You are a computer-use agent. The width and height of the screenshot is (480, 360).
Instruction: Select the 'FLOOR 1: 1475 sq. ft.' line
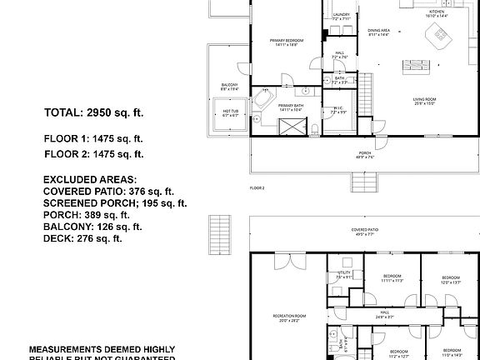[93, 138]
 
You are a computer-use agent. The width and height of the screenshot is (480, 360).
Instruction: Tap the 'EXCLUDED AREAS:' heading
[90, 179]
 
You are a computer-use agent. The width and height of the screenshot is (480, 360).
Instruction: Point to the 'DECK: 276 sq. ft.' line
[82, 238]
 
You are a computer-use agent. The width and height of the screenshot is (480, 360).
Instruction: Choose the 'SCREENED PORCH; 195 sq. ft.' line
[115, 202]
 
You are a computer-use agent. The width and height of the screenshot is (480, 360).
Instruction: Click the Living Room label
[425, 101]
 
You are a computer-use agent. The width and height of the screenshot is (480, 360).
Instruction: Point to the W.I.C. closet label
[339, 110]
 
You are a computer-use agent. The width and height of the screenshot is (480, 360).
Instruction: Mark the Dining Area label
[380, 32]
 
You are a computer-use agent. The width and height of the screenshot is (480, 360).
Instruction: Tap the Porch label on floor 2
[364, 153]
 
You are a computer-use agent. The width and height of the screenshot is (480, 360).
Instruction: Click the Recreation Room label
[289, 317]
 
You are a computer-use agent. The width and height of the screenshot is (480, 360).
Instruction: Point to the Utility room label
[344, 274]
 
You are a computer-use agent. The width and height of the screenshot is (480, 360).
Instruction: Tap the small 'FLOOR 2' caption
[257, 189]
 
